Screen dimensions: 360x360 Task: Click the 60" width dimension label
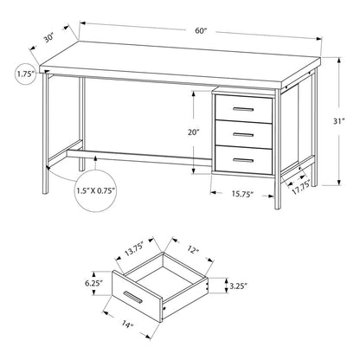coord(201,31)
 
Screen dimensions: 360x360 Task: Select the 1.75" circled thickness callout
coord(25,75)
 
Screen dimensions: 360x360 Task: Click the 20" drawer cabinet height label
coord(193,132)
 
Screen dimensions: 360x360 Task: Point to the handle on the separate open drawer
coord(134,299)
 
